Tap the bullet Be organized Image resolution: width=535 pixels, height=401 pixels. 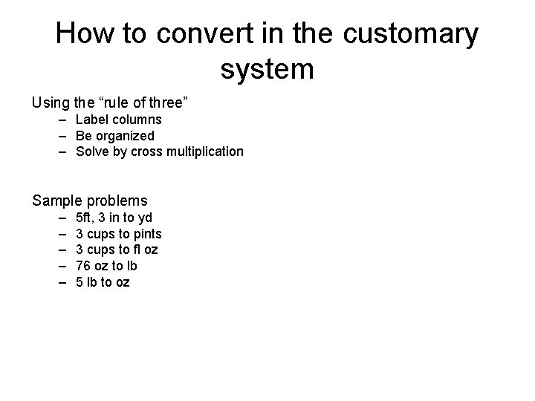[x=115, y=136]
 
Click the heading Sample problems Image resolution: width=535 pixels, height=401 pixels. [x=89, y=200]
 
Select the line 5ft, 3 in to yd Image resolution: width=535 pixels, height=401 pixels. [x=114, y=218]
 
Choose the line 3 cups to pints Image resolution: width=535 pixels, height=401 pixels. [x=119, y=234]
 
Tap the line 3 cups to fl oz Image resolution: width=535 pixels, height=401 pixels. [x=117, y=250]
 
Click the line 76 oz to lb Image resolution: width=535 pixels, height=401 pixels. [x=106, y=266]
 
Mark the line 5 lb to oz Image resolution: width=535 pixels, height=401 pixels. [x=103, y=282]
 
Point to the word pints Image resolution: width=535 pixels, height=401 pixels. [x=146, y=234]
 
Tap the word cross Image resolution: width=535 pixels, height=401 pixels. [x=143, y=151]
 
